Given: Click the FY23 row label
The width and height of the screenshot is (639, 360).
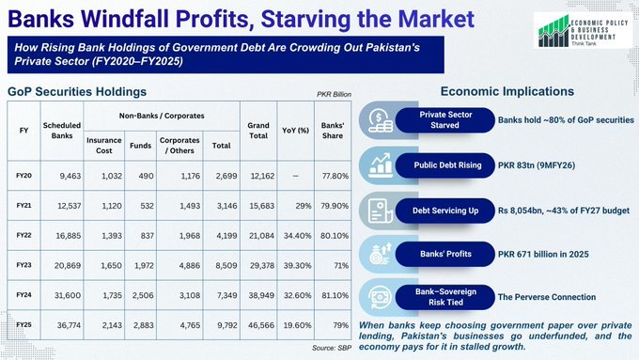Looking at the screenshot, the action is [x=23, y=265].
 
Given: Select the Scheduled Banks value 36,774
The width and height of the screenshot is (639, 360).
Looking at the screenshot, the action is [x=69, y=325].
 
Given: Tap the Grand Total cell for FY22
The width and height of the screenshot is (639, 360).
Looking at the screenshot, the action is [x=261, y=236].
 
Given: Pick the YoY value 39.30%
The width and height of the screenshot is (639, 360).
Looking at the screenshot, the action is [x=298, y=265].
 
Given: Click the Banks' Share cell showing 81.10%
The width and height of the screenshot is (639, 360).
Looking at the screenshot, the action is [x=335, y=295].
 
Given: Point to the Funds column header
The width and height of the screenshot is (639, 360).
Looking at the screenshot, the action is [x=141, y=146].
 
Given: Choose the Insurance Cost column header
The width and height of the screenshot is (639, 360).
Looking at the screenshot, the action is [x=104, y=145].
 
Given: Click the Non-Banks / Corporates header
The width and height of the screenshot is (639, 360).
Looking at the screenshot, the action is [x=162, y=116].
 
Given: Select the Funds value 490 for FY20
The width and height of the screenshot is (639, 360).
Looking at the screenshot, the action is [x=146, y=176].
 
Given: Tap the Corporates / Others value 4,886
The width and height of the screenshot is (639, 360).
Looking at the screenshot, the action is [x=190, y=265].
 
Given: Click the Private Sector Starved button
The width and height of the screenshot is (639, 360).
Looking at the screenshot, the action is [x=445, y=120].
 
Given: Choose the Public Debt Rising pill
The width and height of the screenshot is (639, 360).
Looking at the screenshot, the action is [x=445, y=165].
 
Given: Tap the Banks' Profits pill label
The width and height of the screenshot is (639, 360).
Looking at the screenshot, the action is [x=445, y=254].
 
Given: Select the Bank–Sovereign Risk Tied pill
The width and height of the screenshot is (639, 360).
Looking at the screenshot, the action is [x=445, y=297].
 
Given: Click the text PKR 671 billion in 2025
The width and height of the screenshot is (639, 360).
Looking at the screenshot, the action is [x=543, y=255].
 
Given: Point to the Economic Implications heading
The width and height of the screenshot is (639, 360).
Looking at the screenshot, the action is [x=507, y=91].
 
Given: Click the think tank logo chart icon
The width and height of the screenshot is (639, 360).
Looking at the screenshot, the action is [x=553, y=31].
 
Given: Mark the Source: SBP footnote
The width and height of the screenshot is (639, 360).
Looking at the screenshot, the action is [x=332, y=348].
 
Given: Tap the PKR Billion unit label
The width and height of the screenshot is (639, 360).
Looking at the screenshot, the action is [x=334, y=94].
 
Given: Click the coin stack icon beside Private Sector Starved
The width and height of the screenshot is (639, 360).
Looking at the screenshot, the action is [x=381, y=121].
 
